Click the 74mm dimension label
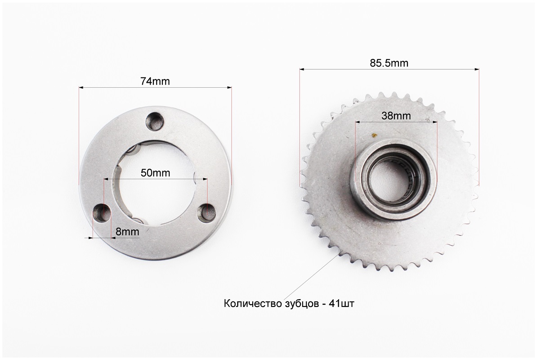[x=155, y=81]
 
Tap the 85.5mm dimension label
[x=389, y=63]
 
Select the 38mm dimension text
[x=396, y=116]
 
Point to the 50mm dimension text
[x=155, y=173]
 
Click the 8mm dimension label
[x=127, y=232]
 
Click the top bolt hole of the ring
[x=155, y=121]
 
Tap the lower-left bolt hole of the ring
[x=103, y=212]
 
